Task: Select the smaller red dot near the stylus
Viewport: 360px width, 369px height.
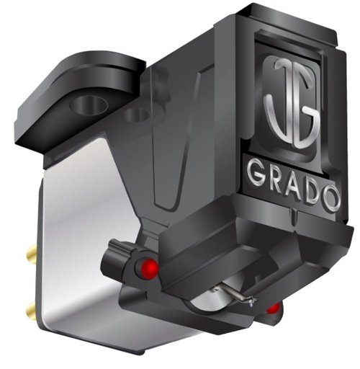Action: click(x=273, y=308)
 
